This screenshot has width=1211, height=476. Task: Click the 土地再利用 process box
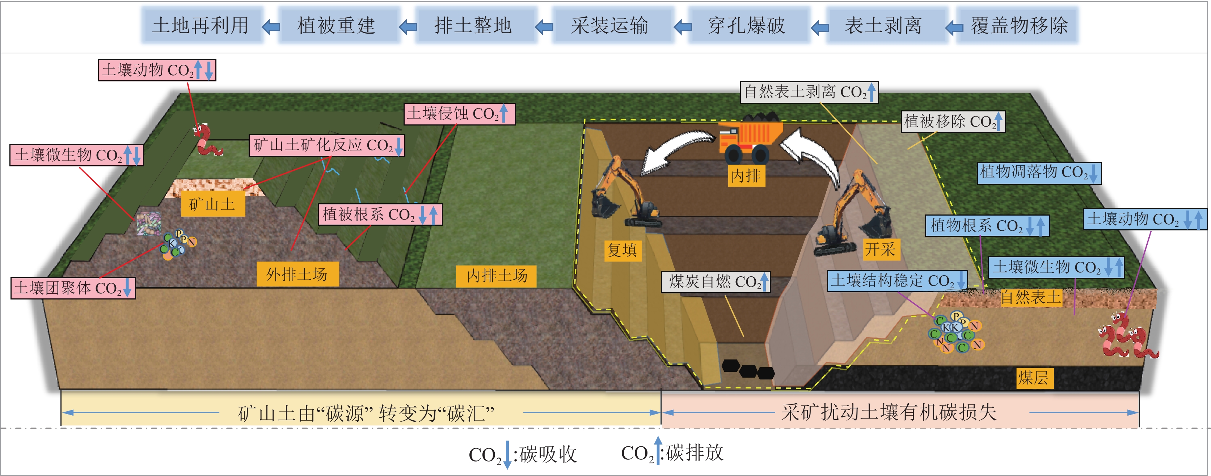click(201, 25)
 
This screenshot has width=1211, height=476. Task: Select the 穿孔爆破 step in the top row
click(747, 25)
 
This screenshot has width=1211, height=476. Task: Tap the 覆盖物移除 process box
click(1019, 25)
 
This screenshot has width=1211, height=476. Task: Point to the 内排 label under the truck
click(746, 176)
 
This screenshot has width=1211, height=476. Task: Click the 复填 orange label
click(621, 250)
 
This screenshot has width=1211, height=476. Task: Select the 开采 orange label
click(880, 249)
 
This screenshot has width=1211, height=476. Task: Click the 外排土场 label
click(297, 274)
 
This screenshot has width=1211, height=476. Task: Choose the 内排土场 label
click(497, 275)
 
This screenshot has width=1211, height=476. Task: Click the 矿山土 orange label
click(212, 204)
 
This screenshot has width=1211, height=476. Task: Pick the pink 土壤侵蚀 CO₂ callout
click(459, 114)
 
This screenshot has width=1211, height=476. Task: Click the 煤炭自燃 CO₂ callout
click(716, 281)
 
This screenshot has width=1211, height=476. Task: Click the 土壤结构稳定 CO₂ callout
click(897, 281)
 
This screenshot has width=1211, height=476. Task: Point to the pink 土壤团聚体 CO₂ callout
click(73, 288)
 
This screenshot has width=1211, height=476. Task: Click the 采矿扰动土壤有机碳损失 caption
click(889, 412)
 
